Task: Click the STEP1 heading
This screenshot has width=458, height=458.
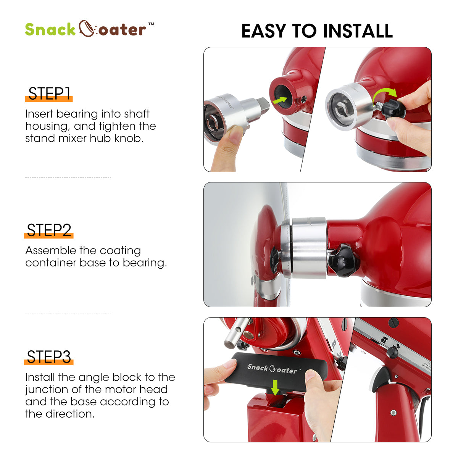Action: point(49,94)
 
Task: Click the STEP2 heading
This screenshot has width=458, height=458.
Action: point(49,231)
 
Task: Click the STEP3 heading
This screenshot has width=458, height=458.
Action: point(49,357)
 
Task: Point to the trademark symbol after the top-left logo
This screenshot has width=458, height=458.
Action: point(151,24)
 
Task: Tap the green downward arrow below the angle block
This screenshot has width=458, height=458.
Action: point(274,388)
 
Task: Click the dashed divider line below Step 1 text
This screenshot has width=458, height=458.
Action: point(68,177)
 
